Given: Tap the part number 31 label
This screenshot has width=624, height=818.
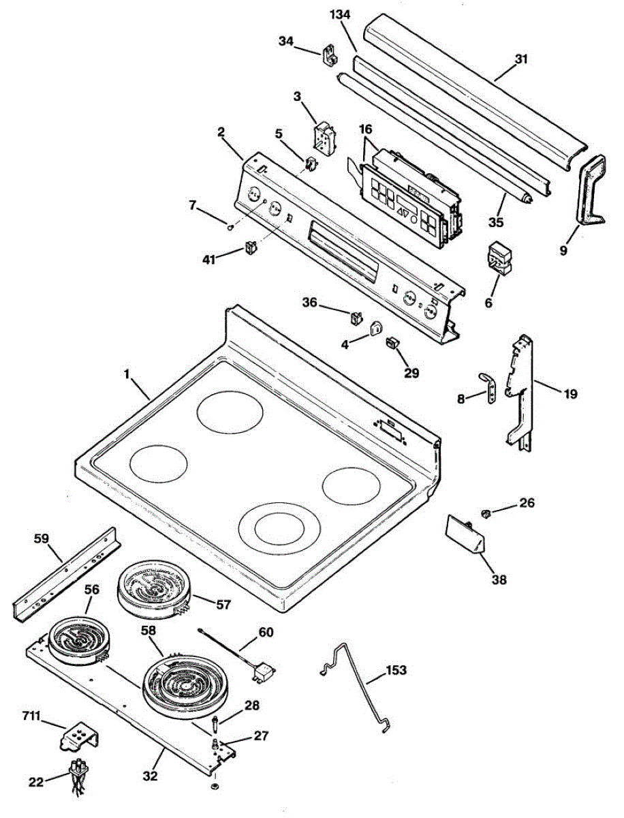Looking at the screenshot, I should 521,59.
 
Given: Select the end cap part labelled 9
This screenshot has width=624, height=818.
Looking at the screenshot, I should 589,187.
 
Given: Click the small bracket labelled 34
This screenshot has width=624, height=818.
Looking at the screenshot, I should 330,53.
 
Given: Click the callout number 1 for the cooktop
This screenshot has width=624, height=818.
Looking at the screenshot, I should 127,374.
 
